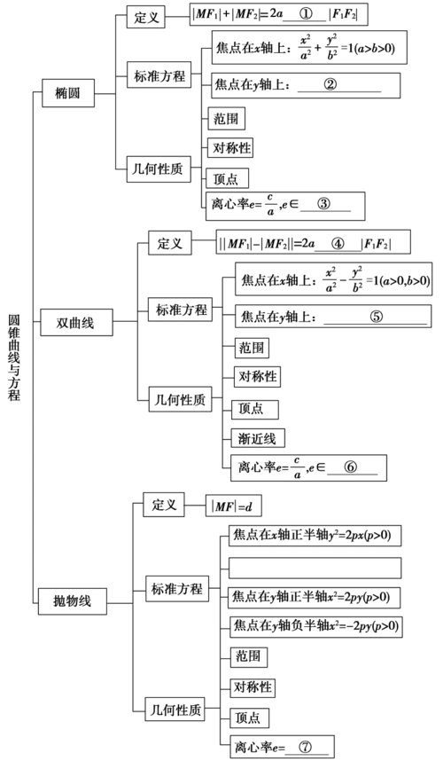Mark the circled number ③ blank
(323, 203)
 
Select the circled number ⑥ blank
(351, 467)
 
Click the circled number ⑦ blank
(306, 746)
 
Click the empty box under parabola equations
(315, 567)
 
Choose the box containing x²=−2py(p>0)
(315, 626)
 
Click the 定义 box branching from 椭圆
(148, 17)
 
